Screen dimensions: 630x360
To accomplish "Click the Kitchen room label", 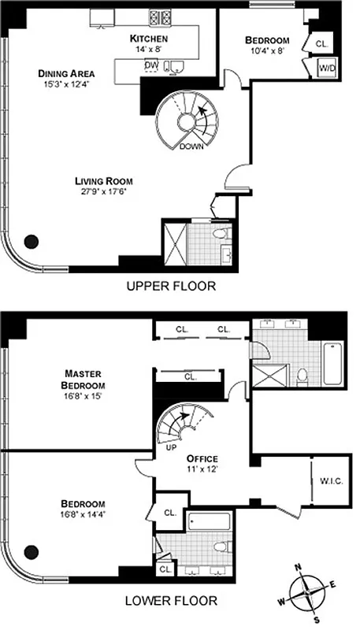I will click(149, 38).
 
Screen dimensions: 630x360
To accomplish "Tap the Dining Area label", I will click(66, 73).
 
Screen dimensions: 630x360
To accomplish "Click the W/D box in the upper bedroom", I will click(325, 69).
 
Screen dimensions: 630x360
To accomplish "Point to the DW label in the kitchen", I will click(150, 65).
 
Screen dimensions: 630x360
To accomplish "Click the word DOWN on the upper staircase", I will click(193, 146).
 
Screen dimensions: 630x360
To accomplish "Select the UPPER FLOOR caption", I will click(170, 286).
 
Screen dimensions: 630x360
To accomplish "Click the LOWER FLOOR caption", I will click(170, 601).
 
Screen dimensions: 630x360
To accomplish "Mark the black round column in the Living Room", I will click(32, 242).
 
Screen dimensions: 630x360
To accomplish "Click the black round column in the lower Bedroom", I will click(32, 552).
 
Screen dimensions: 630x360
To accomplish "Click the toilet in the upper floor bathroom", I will click(225, 234).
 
